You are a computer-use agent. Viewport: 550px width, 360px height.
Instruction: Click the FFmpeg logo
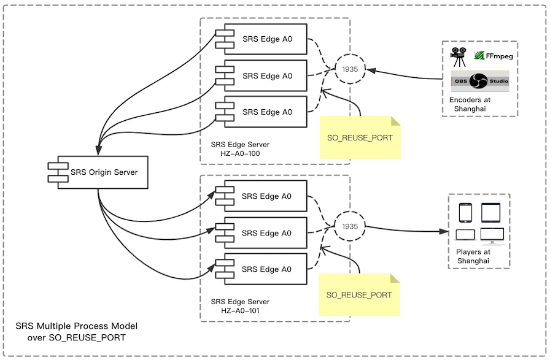494,56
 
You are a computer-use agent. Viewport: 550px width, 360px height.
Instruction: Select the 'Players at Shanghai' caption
473,256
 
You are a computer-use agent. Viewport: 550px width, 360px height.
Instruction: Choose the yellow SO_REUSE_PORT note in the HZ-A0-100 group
360,137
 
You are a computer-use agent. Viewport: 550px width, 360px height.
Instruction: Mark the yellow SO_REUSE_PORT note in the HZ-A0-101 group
359,295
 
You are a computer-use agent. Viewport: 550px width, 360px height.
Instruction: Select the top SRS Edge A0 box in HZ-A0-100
267,40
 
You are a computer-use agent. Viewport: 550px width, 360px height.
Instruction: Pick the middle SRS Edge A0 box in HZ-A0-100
267,76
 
